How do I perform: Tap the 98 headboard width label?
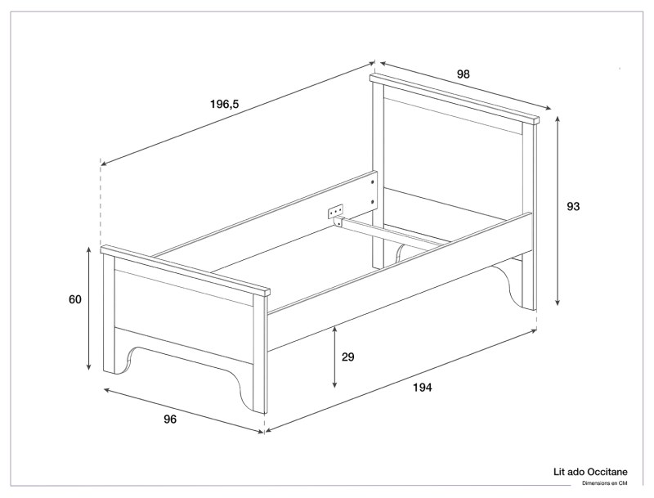tap(463, 74)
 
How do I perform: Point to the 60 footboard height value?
tap(75, 299)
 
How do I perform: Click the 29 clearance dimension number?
tap(347, 357)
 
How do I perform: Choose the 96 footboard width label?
tap(170, 419)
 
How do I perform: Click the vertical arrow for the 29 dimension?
tap(335, 356)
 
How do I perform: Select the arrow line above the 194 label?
tap(401, 379)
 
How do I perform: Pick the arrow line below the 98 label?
tap(463, 87)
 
